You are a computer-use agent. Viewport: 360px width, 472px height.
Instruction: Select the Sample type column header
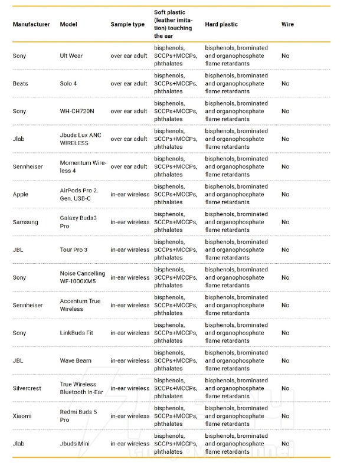point(127,25)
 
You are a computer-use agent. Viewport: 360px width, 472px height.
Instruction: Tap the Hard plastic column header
point(222,25)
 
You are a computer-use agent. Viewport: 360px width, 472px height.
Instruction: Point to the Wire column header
point(287,25)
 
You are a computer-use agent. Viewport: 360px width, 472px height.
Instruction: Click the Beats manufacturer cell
point(21,84)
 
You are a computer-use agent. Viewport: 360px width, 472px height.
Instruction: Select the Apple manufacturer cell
point(21,195)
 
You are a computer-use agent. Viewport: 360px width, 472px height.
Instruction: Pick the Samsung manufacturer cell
point(25,222)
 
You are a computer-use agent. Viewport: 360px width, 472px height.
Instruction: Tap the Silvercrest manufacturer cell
point(28,388)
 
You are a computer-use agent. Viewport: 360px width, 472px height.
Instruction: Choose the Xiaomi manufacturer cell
point(23,416)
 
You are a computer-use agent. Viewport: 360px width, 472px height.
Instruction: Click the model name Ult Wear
point(72,56)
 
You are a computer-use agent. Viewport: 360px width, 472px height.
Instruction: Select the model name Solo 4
point(68,84)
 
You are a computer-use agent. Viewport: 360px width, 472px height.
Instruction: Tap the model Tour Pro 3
point(74,250)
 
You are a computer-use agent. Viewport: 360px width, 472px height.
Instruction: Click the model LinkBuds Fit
point(77,333)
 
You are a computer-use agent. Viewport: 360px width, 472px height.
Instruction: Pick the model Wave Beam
point(76,360)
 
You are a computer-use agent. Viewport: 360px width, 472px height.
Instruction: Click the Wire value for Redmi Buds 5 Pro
point(286,416)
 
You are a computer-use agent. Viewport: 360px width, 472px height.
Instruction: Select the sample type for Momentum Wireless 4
point(129,167)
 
